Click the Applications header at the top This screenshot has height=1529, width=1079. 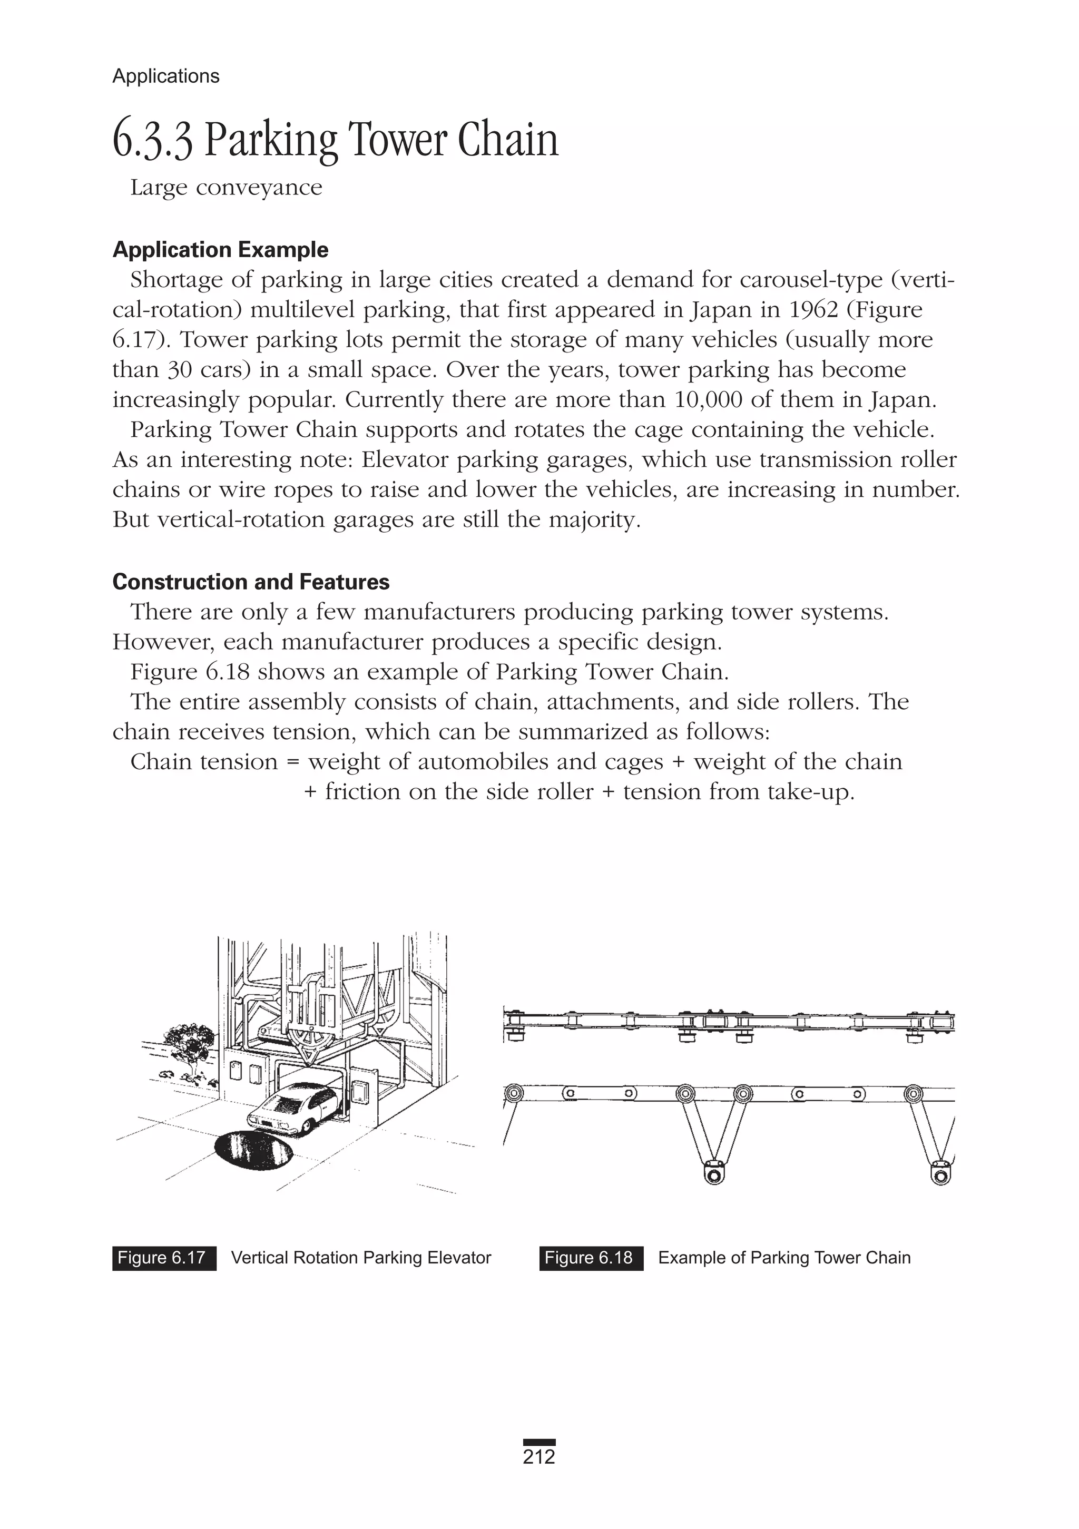(166, 76)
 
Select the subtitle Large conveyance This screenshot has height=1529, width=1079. (226, 188)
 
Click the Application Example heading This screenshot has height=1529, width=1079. (220, 250)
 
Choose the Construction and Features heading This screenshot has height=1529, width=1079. (251, 582)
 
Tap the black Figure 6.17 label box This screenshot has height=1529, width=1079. (164, 1258)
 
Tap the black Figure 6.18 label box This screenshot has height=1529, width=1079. (591, 1258)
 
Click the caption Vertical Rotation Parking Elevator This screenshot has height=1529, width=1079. (361, 1258)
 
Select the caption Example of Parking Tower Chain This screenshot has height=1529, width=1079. (784, 1258)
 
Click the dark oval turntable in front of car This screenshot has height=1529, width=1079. (254, 1150)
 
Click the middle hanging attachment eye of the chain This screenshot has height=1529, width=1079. (713, 1173)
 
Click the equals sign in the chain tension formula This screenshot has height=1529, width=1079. (292, 762)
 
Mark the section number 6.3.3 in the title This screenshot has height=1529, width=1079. (153, 141)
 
